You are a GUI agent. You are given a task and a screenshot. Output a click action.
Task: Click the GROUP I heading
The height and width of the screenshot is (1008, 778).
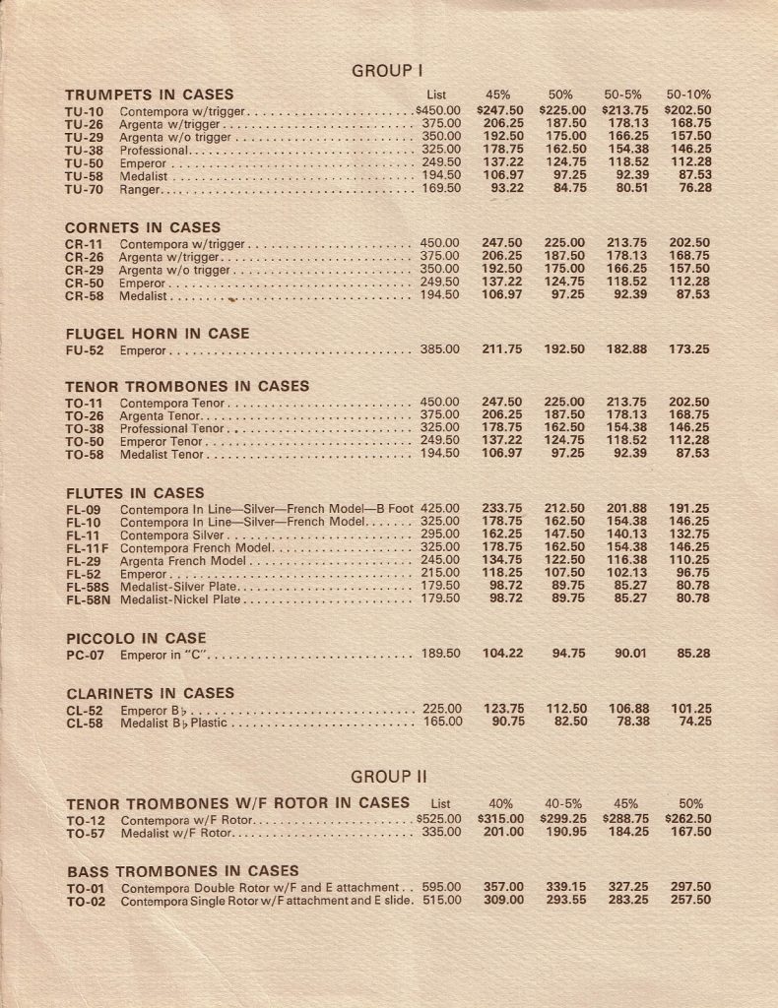387,70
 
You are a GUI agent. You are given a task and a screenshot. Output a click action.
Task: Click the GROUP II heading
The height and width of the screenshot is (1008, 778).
389,776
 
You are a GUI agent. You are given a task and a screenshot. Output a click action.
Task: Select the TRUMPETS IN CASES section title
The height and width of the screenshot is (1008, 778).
150,94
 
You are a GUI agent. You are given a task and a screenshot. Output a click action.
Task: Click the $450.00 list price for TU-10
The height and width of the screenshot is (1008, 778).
438,111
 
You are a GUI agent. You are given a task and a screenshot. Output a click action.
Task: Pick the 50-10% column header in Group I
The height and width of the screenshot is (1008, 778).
688,94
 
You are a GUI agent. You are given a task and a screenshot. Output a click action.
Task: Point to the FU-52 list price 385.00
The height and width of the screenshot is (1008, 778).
440,349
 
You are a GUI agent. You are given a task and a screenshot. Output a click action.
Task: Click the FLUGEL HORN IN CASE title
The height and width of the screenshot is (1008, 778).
158,334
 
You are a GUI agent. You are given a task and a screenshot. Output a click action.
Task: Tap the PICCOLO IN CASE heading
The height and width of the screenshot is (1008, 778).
136,638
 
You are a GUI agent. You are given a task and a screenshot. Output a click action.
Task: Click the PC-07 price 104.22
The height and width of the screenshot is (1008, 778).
502,653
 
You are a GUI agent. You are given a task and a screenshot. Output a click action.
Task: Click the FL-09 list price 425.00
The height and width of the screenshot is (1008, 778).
440,509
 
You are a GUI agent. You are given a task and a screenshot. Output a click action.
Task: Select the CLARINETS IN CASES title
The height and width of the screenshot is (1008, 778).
150,693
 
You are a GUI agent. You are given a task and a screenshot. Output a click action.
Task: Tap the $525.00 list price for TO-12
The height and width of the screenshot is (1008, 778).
438,819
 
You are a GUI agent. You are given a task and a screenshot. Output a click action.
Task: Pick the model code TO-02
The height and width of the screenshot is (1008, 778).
86,900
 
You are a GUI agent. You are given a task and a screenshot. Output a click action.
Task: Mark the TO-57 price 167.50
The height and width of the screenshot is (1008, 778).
690,832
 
